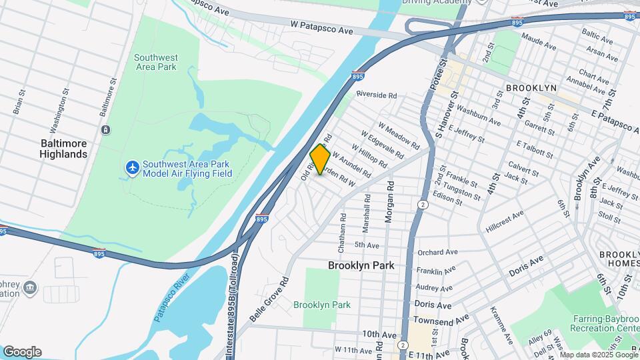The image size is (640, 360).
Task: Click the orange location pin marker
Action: point(320,160)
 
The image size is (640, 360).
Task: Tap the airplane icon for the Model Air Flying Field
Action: point(133,167)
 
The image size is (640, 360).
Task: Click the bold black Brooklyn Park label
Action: point(361,265)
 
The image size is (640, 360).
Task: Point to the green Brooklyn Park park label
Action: point(322,305)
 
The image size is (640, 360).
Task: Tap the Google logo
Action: point(22,351)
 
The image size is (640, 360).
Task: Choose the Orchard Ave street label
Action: point(437,253)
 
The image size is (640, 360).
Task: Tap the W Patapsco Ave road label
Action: point(321,30)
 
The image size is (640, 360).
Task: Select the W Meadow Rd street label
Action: point(399,135)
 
